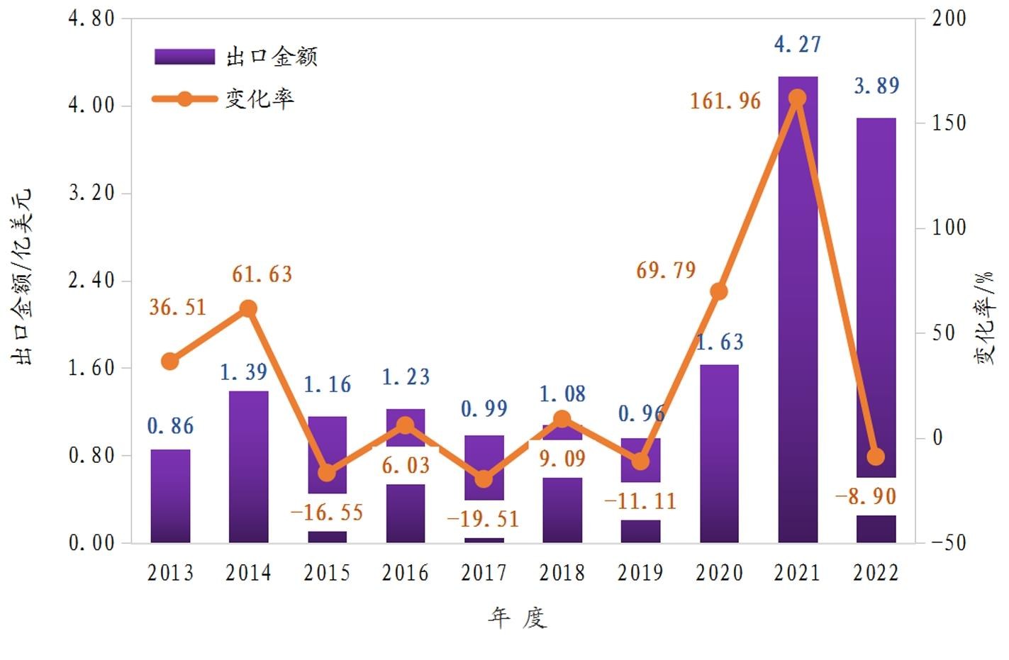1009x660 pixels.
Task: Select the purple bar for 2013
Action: coord(170,496)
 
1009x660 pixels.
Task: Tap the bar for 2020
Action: coord(719,454)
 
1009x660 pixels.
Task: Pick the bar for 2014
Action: coord(249,468)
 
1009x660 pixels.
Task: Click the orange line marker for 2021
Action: coord(798,98)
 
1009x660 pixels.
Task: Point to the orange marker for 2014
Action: coord(249,308)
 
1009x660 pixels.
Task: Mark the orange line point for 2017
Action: coord(484,479)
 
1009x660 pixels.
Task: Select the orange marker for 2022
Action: coord(876,457)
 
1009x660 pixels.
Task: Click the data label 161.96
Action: coord(725,101)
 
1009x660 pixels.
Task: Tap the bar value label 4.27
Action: coord(798,45)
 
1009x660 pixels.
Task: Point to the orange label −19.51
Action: coord(483,519)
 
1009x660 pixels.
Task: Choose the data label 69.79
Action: coord(666,270)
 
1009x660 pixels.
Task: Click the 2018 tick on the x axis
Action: coord(562,572)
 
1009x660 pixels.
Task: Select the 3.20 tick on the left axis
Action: coord(91,193)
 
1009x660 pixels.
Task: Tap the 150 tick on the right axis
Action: coord(949,123)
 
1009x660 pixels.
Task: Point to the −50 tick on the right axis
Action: coord(947,542)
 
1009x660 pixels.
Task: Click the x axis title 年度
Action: coord(518,618)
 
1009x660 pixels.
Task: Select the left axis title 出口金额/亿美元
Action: coord(23,276)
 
